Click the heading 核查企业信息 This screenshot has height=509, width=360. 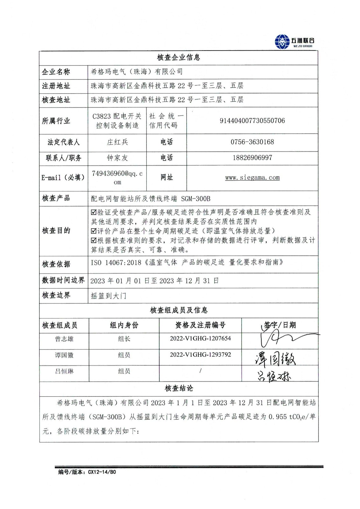179,58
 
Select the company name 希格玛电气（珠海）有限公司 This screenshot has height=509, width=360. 137,72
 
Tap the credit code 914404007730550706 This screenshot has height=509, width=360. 252,121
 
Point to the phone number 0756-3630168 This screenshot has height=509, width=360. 252,142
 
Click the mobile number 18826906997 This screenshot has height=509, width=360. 252,158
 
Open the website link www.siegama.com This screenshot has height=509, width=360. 252,178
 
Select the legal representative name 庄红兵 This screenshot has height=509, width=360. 117,142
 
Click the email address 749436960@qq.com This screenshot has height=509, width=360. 117,178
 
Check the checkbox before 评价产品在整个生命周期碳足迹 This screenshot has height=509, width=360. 94,231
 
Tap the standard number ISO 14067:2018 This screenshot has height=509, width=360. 116,262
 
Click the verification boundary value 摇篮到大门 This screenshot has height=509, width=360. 109,296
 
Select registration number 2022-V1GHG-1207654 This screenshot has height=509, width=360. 200,338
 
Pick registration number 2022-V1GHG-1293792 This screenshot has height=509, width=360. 200,355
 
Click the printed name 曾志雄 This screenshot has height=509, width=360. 64,339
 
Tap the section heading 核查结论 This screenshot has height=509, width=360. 179,388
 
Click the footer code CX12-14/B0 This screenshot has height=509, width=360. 102,472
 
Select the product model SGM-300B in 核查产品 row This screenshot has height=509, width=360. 196,199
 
